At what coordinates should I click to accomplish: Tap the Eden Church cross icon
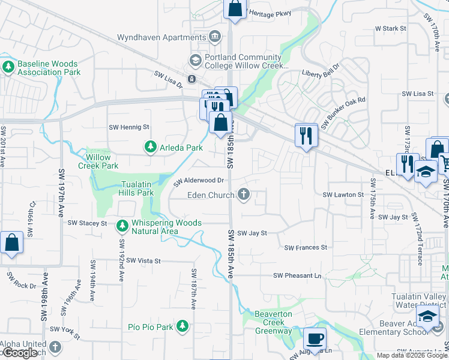(244, 194)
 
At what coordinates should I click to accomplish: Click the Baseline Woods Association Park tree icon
(8, 67)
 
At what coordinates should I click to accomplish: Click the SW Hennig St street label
(128, 127)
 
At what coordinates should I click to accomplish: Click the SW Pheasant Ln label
(297, 275)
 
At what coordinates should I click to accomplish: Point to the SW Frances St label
(306, 247)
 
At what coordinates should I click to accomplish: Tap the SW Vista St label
(140, 261)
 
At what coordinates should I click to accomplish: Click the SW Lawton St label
(343, 195)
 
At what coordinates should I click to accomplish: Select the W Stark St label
(391, 28)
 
